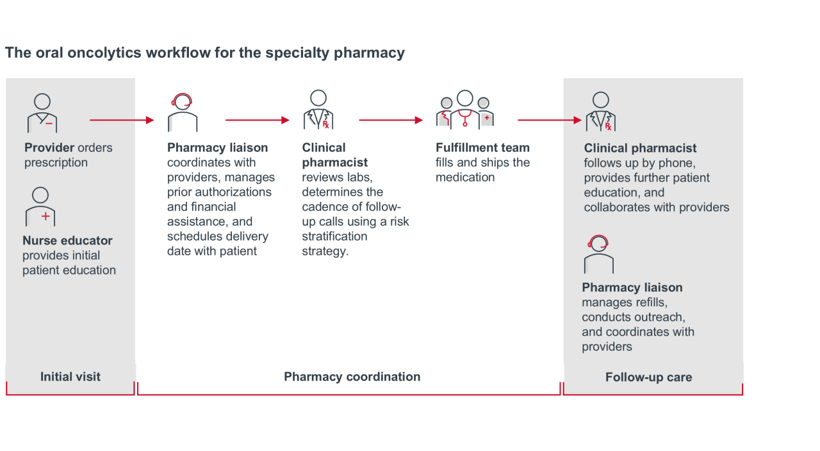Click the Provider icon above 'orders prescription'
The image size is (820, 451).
(42, 113)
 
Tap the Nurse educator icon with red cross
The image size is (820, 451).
(40, 207)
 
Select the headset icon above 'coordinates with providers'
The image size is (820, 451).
(182, 113)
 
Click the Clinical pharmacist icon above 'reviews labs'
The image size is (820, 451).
(318, 110)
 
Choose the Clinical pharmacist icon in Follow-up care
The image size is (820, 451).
(600, 112)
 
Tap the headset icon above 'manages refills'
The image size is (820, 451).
(598, 254)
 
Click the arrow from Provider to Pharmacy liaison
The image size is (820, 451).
(122, 120)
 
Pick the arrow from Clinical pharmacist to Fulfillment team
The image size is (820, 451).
(391, 120)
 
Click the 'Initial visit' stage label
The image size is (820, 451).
(70, 377)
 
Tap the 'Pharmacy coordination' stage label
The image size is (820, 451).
(352, 377)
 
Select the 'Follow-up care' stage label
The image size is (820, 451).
(648, 377)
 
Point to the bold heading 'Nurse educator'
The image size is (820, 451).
(67, 241)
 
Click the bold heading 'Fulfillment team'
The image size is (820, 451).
(482, 148)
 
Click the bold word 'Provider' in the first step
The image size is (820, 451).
(49, 148)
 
